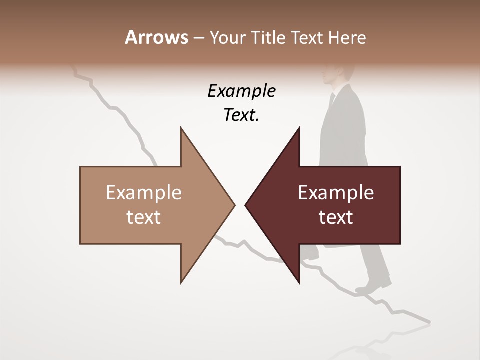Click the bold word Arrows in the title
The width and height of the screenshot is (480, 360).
click(156, 37)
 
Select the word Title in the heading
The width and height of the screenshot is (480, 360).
click(267, 38)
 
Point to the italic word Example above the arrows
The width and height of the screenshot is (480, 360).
click(241, 91)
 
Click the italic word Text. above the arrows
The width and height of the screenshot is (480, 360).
click(241, 115)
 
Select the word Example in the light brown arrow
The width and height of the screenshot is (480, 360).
click(144, 193)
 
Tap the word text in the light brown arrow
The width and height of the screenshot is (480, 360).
click(144, 217)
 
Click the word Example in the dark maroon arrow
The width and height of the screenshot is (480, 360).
click(336, 193)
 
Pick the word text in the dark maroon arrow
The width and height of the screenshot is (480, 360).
click(336, 217)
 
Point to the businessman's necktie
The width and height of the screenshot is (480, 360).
click(332, 100)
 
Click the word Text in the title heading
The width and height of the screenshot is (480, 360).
click(308, 38)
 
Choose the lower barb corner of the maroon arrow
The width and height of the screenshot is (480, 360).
click(299, 282)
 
